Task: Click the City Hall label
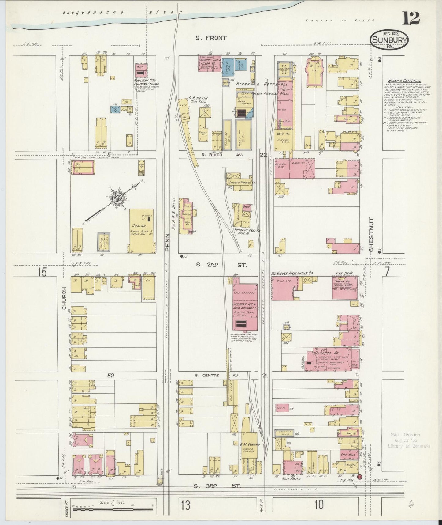(x=348, y=455)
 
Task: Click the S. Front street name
(x=211, y=38)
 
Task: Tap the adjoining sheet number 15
(x=42, y=272)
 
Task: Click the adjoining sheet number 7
(x=387, y=272)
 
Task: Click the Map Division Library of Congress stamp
(x=409, y=440)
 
